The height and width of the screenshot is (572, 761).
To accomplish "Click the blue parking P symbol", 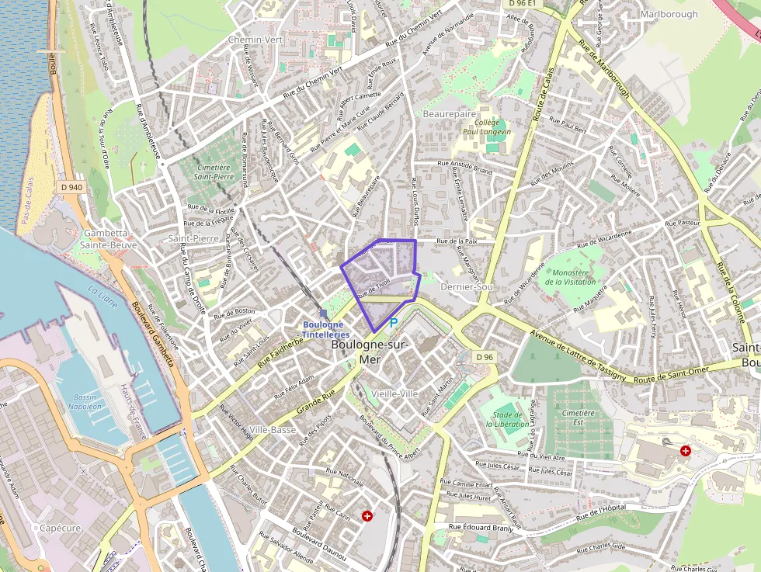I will (x=393, y=322).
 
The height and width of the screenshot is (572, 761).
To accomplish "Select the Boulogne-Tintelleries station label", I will (x=325, y=329).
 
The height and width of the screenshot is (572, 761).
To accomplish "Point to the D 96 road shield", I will (x=485, y=357).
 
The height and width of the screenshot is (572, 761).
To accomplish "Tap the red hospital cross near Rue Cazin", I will (x=367, y=515).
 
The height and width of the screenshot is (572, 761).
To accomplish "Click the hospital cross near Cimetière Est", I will (x=686, y=450).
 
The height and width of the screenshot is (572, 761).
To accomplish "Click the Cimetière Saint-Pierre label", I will (x=215, y=172).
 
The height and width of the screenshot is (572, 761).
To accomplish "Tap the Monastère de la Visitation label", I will (x=571, y=277).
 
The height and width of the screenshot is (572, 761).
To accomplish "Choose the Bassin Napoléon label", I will (x=85, y=401).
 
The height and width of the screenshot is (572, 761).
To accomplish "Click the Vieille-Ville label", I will (x=395, y=394).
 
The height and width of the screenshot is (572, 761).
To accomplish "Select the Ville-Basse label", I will (x=273, y=430).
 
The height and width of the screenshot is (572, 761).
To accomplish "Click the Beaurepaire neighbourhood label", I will (x=449, y=113).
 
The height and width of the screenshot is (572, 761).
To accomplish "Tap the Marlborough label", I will (x=669, y=14).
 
